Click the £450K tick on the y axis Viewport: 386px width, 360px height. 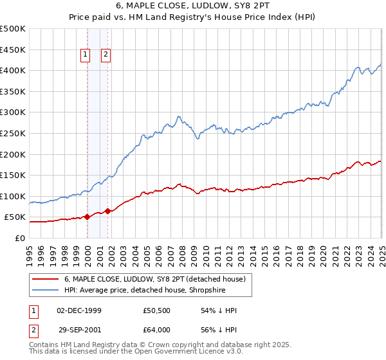click(13, 50)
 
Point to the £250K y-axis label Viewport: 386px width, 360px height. click(13, 133)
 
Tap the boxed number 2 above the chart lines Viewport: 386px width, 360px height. click(106, 55)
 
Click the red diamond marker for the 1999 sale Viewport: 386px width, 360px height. click(87, 217)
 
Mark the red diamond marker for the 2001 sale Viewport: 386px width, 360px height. click(108, 211)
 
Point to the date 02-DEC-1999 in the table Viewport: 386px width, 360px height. click(79, 310)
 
